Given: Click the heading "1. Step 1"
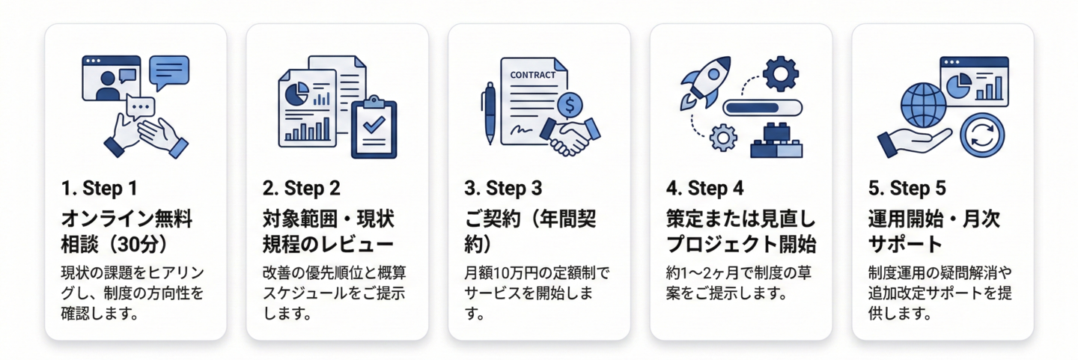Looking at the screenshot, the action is click(x=99, y=188).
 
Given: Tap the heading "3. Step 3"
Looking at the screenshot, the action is click(x=503, y=188).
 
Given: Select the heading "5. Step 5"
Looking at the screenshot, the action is click(x=907, y=188).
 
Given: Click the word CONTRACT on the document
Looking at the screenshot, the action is click(x=532, y=75).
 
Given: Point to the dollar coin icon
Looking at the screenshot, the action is click(x=570, y=105).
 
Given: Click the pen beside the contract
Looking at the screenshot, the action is click(x=490, y=113).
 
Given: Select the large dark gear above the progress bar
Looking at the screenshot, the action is click(x=781, y=73).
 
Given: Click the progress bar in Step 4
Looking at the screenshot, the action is click(x=762, y=108).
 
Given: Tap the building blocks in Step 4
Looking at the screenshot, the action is click(x=776, y=141).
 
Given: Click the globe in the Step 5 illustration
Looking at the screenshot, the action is click(x=924, y=106).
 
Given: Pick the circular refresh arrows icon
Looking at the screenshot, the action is click(x=982, y=135).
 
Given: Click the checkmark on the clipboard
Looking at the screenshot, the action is click(x=374, y=124).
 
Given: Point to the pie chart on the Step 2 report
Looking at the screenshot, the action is click(x=296, y=93).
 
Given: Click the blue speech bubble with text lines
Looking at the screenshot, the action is click(x=169, y=73).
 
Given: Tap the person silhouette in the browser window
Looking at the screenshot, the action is click(x=108, y=86).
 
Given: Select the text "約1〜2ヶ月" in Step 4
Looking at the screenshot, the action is click(x=702, y=273).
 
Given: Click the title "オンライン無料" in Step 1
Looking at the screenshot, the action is click(x=127, y=219).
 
